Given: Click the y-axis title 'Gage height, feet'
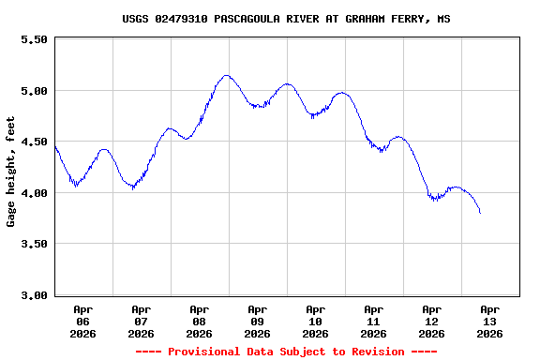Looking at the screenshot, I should coord(11,172).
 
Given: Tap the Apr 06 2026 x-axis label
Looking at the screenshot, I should coord(83,321).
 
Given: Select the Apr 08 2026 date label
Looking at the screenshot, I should coord(200,321).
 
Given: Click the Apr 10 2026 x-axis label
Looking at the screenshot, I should coord(316,321).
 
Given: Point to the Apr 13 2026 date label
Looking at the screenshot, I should coord(489,321).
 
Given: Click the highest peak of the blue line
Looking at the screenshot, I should coord(226,75).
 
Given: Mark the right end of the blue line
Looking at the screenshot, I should coord(480,213).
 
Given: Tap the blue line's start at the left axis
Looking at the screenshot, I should coord(55,145).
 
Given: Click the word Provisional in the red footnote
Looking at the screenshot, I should coord(204,352).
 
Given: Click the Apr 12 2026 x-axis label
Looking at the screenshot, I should coord(432,321).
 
